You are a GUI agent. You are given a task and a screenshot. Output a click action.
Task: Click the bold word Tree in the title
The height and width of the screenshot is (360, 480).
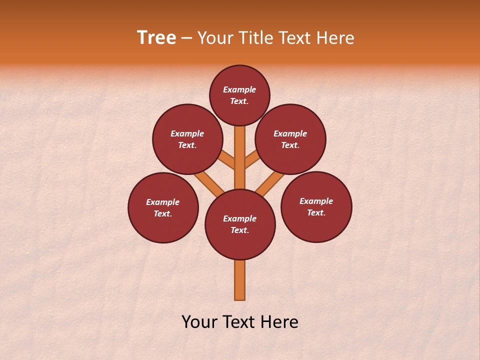tap(156, 38)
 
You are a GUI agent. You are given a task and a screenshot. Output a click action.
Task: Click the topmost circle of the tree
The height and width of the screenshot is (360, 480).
tap(239, 95)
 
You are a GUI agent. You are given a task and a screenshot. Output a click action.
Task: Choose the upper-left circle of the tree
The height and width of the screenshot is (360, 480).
tap(187, 139)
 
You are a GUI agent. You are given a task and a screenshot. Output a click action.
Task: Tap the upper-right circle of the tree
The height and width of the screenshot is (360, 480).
tap(290, 139)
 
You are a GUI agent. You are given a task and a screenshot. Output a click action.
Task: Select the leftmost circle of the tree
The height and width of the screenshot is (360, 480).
tap(163, 208)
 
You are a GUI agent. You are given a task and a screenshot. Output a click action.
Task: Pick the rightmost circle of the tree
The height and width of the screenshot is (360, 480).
tap(316, 207)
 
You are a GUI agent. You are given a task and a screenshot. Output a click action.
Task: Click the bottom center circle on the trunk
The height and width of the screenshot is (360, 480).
tap(240, 224)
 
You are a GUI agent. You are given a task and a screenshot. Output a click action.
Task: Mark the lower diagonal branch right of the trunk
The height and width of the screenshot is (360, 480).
tap(270, 183)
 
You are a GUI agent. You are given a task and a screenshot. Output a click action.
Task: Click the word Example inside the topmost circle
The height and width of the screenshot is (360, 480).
tap(239, 90)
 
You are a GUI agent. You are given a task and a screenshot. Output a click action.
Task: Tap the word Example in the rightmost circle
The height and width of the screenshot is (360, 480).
tap(316, 201)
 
